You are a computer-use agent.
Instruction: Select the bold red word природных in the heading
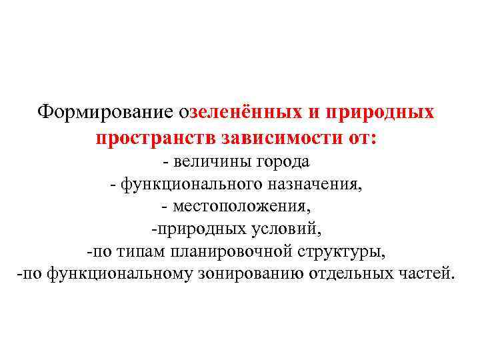coord(378,112)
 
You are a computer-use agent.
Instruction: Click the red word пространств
coord(145,139)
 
